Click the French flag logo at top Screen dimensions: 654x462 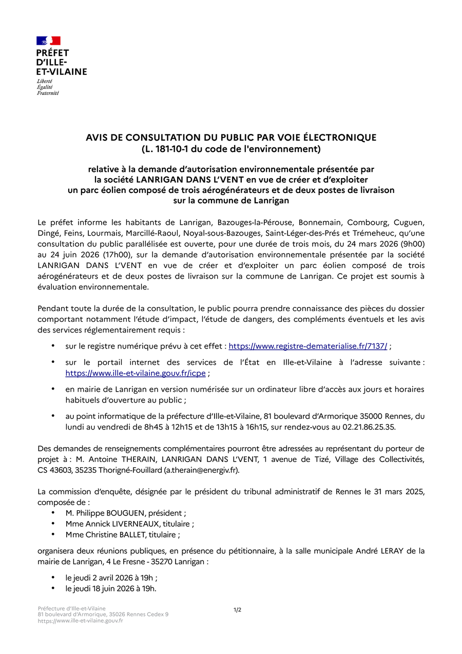coord(48,41)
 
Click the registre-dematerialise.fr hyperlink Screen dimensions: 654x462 coord(307,347)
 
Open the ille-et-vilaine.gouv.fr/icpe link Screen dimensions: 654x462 coord(136,373)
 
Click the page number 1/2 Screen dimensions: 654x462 coord(237,610)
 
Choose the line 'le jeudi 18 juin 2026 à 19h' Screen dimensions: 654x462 coord(110,588)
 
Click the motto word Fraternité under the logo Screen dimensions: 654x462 coord(48,93)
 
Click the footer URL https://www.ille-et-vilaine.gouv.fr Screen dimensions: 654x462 coord(80,621)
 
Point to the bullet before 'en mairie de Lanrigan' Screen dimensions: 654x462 coord(53,389)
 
